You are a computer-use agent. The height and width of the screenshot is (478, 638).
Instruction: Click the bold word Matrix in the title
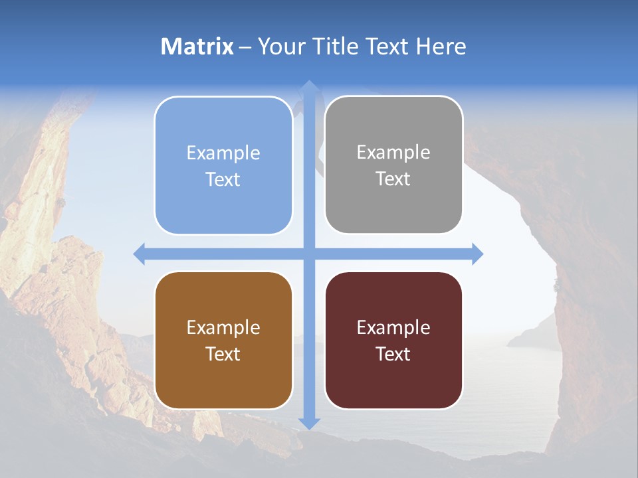click(x=197, y=46)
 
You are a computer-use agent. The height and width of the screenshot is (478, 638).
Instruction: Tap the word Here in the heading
click(x=441, y=46)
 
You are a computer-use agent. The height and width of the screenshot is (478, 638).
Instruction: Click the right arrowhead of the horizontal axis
click(x=477, y=254)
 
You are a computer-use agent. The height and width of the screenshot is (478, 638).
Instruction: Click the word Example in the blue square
click(x=223, y=153)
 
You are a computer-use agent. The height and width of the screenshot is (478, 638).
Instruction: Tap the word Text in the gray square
click(x=393, y=179)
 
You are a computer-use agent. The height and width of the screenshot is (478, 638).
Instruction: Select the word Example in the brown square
click(x=223, y=328)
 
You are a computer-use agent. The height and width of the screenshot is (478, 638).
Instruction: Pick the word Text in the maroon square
click(x=393, y=354)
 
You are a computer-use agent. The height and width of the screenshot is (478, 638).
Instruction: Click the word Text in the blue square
click(x=223, y=180)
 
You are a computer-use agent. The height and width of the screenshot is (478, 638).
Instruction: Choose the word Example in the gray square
click(x=393, y=153)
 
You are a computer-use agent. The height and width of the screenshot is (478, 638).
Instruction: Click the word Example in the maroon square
click(x=393, y=328)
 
